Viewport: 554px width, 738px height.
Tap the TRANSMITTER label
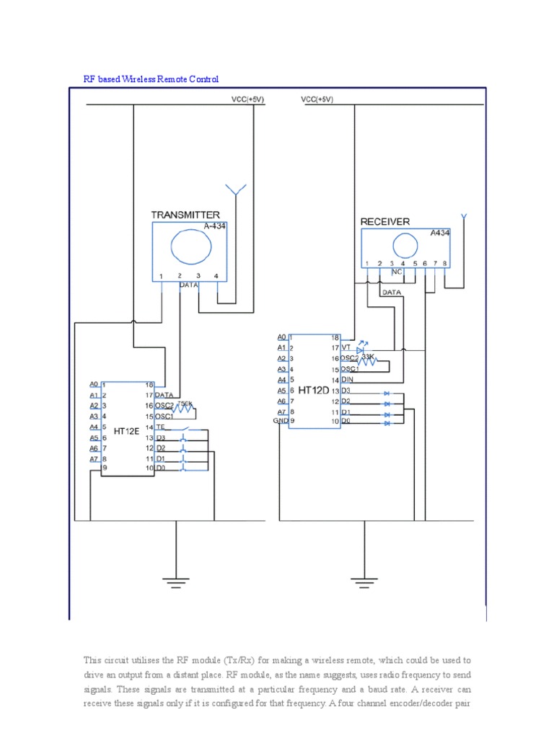click(185, 215)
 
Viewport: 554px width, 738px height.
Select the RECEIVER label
click(385, 222)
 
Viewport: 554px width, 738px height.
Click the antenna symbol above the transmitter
click(234, 190)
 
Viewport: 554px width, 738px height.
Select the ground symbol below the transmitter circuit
click(175, 578)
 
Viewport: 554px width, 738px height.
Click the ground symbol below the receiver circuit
click(364, 578)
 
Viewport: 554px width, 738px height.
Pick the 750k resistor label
click(185, 404)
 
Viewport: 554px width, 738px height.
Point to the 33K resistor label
click(367, 356)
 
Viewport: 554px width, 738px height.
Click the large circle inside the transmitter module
click(190, 248)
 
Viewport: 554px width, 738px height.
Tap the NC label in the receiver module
click(397, 272)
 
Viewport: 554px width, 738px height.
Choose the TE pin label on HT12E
click(160, 427)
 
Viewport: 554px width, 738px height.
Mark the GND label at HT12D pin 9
click(280, 420)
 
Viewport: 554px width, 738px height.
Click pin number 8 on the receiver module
click(444, 263)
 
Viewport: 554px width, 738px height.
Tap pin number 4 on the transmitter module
click(216, 276)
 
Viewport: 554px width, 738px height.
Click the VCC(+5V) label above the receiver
click(317, 99)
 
